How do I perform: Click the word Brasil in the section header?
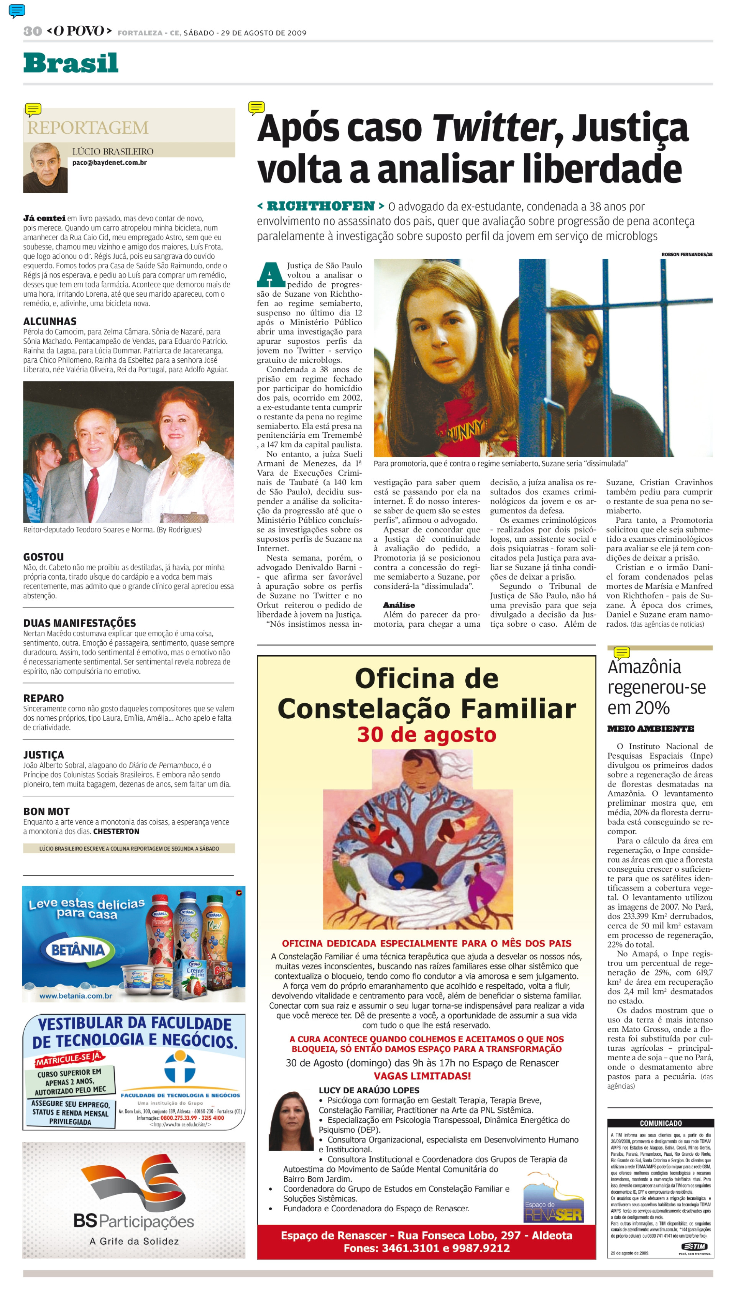[71, 63]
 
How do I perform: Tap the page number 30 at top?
[32, 31]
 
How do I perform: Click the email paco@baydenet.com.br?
[109, 163]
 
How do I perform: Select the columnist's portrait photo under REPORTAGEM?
[46, 168]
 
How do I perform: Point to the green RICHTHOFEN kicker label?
[320, 206]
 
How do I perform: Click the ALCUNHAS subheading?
[49, 322]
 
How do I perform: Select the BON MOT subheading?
[46, 811]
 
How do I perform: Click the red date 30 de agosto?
[426, 734]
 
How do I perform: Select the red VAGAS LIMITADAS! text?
[422, 1076]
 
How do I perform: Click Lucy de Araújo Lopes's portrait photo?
[292, 1120]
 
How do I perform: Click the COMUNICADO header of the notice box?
[660, 1123]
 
